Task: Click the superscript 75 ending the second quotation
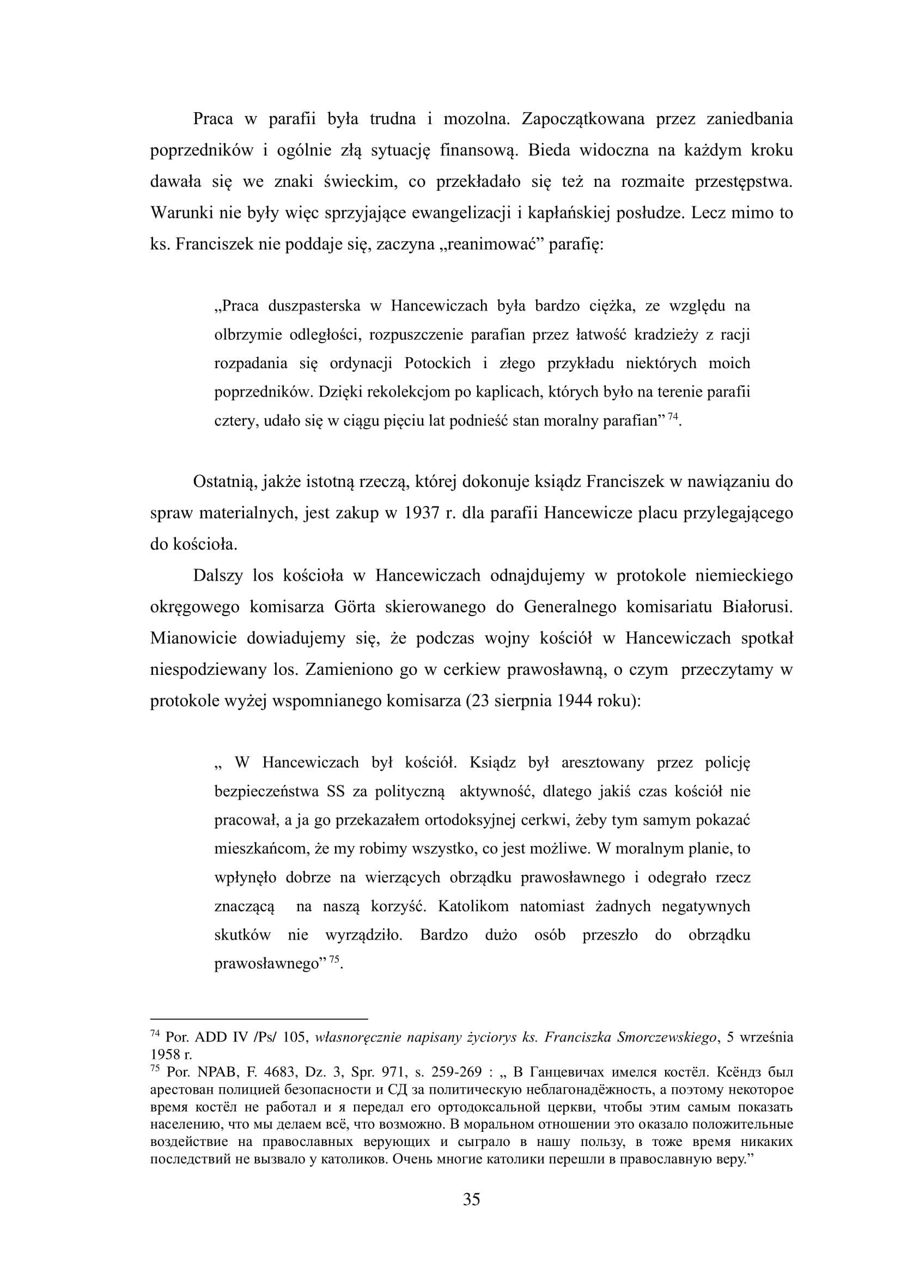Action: tap(334, 960)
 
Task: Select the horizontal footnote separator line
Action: tap(259, 1019)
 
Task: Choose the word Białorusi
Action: tap(757, 607)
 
